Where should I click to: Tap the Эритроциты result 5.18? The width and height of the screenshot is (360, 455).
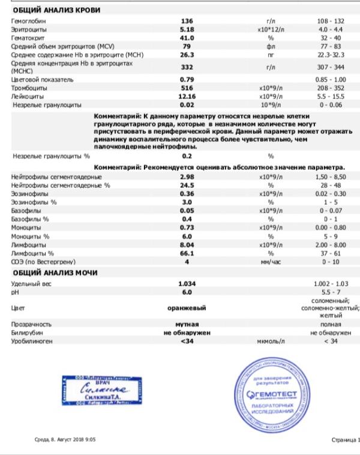tap(187, 29)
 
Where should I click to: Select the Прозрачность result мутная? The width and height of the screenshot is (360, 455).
tap(186, 323)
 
